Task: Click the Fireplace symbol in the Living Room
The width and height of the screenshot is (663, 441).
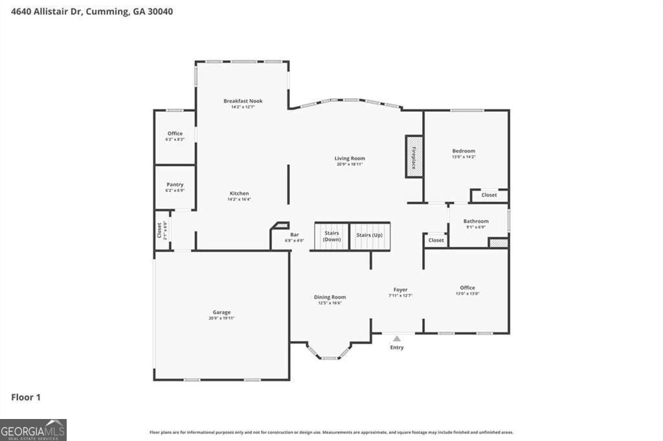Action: tap(414, 156)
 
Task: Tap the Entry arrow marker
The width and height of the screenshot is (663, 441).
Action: tap(397, 338)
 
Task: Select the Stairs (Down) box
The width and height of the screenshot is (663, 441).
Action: tap(331, 236)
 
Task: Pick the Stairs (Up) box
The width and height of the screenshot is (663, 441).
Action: tap(370, 236)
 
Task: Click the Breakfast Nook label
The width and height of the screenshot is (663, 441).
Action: tap(243, 101)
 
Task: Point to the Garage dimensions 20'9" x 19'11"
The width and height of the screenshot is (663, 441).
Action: tap(221, 318)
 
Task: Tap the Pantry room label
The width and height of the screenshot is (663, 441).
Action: tap(175, 184)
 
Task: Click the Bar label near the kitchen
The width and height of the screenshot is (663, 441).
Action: tap(295, 235)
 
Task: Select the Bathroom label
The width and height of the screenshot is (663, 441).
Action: tap(476, 221)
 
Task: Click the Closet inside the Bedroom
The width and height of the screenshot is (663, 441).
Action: tap(489, 195)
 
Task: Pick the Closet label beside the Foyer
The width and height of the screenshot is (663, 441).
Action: tap(436, 240)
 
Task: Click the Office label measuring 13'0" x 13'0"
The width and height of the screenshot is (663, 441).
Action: tap(467, 288)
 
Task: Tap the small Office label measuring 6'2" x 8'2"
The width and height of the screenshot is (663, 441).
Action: tap(175, 133)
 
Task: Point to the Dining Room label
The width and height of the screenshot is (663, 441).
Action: tap(330, 297)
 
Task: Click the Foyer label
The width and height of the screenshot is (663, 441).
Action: tap(400, 290)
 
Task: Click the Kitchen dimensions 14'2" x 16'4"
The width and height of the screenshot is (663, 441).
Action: tap(239, 199)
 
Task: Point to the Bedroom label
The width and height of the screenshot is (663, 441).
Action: tap(464, 151)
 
